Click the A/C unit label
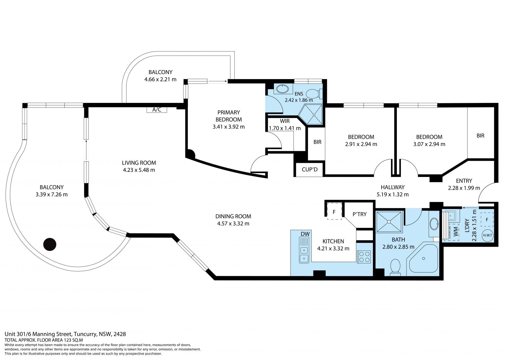157,110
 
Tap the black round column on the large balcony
50,244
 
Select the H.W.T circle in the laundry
487,235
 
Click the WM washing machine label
455,232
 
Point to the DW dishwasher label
305,234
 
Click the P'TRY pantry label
359,214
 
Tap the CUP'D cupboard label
310,169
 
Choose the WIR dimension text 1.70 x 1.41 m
285,128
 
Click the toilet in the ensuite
314,94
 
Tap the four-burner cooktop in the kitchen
363,257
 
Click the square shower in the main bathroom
389,222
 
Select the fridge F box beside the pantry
334,211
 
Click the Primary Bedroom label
229,116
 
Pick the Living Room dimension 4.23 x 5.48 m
139,170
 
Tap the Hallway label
393,187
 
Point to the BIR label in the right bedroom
480,136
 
